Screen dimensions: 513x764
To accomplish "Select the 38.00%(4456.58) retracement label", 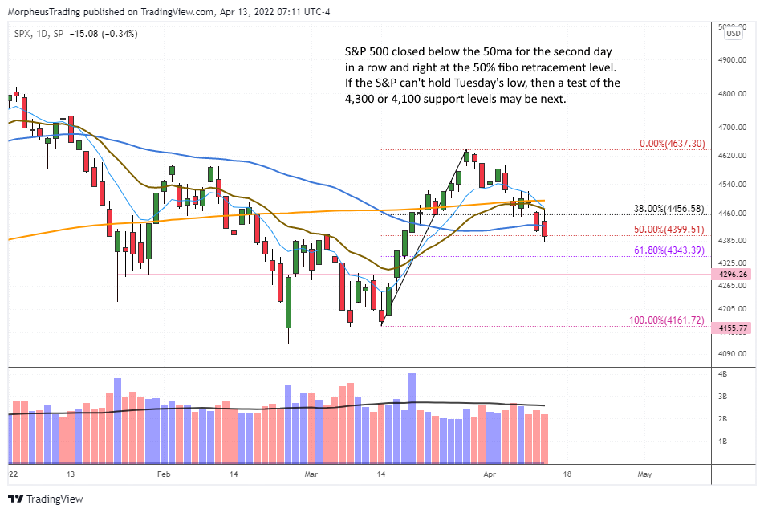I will click(x=670, y=209).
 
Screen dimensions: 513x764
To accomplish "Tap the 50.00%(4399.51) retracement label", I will click(x=670, y=230).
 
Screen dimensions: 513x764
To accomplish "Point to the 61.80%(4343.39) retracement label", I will click(x=670, y=250).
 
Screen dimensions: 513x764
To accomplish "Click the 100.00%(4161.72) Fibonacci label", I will click(x=666, y=320).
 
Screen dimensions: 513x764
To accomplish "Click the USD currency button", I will click(x=733, y=34).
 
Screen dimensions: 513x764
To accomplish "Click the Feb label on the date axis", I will click(x=164, y=474).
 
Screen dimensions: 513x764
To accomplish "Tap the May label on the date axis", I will click(x=644, y=474).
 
